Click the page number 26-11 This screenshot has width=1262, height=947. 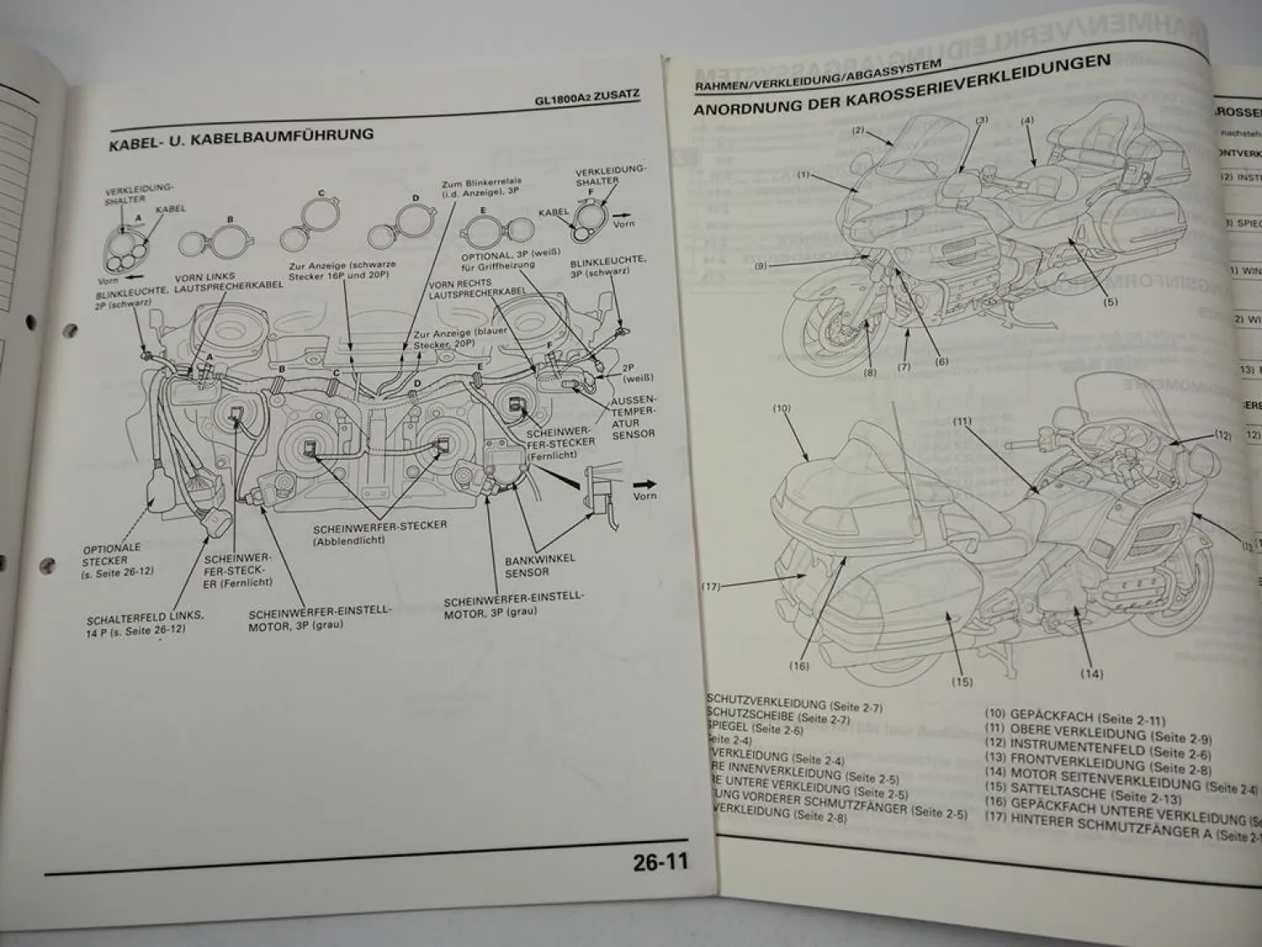tap(660, 862)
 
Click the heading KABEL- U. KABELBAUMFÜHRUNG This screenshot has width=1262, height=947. tap(241, 137)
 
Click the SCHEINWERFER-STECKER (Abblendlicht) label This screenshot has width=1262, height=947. tap(379, 533)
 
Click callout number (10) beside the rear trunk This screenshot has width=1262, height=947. tap(782, 408)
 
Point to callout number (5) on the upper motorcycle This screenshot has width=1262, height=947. tap(1110, 301)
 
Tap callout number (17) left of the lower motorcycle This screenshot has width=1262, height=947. tap(712, 587)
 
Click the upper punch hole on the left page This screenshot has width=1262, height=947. tap(31, 322)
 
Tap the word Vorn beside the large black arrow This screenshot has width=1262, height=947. tap(644, 496)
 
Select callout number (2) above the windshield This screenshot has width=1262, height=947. tap(857, 130)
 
